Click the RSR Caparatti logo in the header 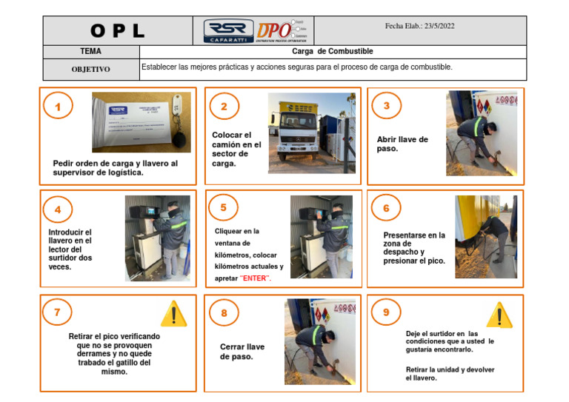click(228, 31)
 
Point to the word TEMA click(91, 52)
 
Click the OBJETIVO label click(90, 70)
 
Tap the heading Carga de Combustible click(333, 52)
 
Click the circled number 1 click(58, 107)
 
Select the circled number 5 click(223, 208)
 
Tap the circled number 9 click(385, 312)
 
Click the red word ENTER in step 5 click(256, 278)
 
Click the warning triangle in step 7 click(173, 314)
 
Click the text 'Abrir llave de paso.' click(402, 144)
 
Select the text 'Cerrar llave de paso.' click(242, 352)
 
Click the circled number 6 click(385, 208)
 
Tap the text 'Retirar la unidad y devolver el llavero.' click(450, 373)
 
